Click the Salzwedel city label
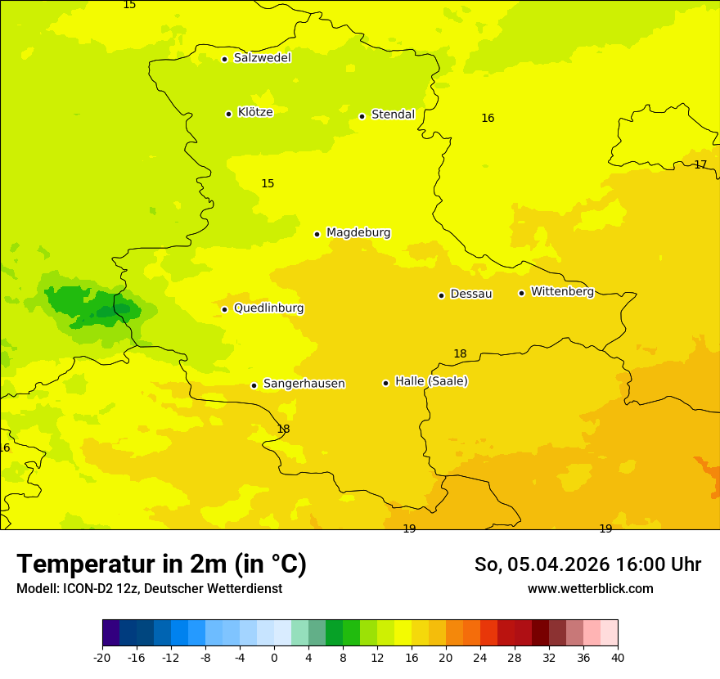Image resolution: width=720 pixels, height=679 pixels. click(262, 58)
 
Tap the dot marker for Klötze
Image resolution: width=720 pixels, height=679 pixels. click(228, 114)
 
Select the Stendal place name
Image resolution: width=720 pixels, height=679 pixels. click(393, 115)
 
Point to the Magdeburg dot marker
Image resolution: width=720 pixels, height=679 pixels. click(317, 234)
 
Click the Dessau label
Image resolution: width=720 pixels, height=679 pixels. click(471, 294)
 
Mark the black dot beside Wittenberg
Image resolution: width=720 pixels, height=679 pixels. click(521, 293)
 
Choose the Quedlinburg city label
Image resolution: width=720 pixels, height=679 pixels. click(268, 308)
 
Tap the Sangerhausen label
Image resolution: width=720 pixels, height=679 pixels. click(304, 384)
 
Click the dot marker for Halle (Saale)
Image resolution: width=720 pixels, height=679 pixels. click(385, 383)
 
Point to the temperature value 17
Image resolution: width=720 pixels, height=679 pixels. click(700, 164)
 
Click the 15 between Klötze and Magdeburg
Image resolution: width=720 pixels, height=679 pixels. click(268, 183)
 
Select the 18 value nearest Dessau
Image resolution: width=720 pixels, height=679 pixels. click(460, 353)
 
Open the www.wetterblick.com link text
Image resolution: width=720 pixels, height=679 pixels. click(590, 588)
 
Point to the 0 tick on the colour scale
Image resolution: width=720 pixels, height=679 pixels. click(274, 657)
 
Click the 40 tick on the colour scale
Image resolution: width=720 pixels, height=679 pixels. click(618, 657)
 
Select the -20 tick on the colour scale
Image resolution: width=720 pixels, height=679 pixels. click(101, 657)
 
